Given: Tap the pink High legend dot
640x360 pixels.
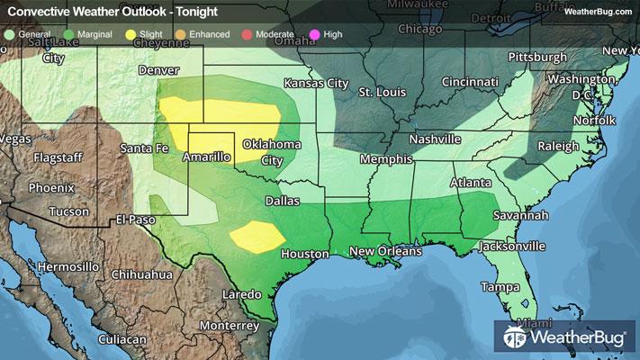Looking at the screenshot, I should point(313,33).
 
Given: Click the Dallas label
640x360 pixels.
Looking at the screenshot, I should point(282,200).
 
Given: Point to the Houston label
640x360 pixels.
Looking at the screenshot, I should point(304,255).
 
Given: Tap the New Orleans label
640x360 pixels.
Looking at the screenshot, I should point(385,251).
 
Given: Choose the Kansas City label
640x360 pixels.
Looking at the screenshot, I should point(315,83).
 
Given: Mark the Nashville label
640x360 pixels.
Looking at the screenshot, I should point(435,139).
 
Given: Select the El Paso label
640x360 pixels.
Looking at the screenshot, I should point(135,219).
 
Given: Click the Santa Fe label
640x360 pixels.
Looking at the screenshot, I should point(144,148).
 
